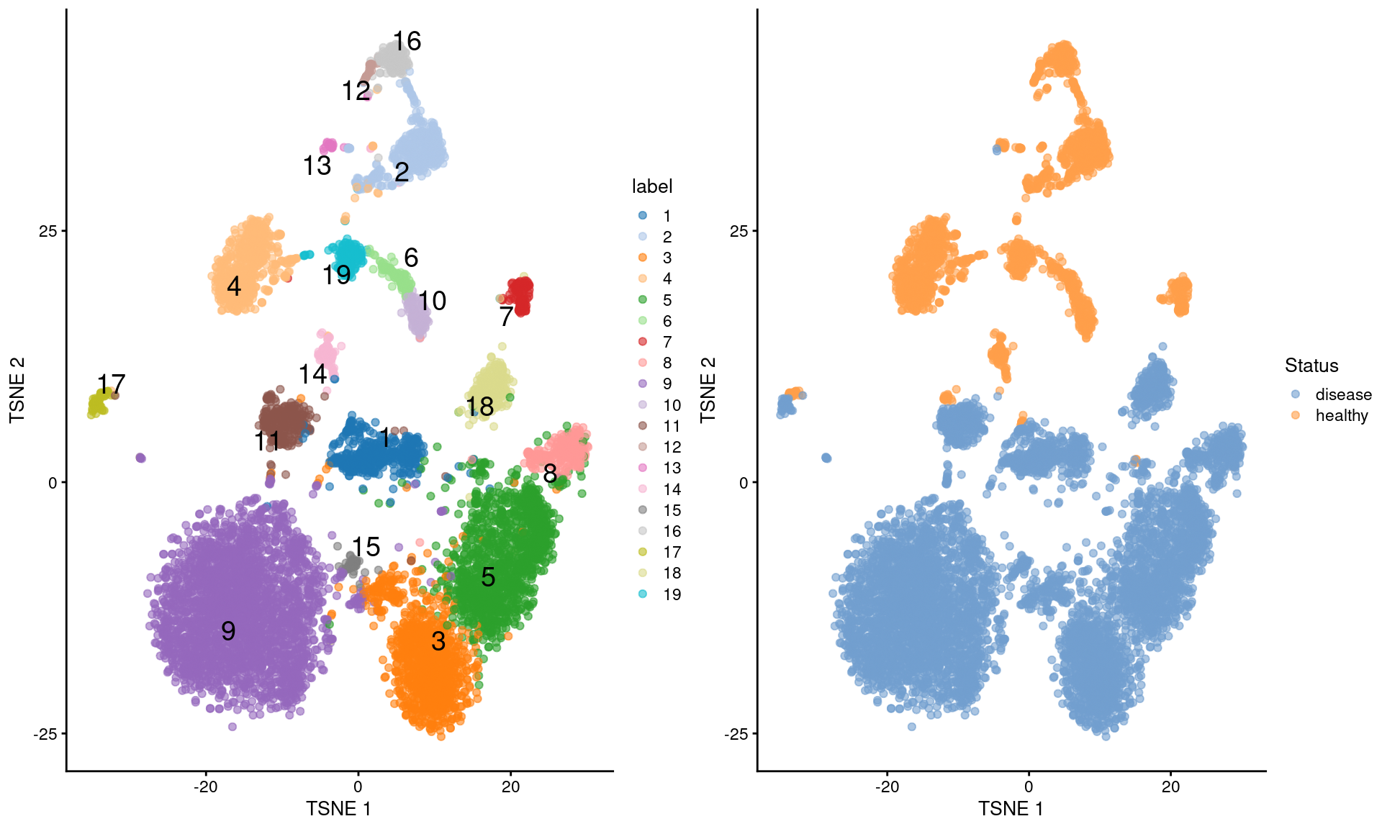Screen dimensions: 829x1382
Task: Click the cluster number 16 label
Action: (407, 42)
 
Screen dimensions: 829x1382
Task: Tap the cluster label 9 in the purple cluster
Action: (228, 631)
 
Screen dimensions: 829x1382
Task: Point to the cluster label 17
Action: (112, 384)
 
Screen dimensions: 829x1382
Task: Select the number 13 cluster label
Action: (317, 166)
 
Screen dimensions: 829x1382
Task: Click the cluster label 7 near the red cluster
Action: (506, 317)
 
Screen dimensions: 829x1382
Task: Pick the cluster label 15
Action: (366, 548)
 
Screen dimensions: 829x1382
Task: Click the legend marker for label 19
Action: (643, 594)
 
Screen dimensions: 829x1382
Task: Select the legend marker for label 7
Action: (643, 342)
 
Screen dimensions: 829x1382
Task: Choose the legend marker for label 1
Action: (643, 216)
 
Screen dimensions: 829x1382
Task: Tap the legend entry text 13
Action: (672, 468)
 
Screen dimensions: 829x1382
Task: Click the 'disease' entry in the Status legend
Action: (1343, 394)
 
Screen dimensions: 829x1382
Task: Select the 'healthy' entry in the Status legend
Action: (1341, 415)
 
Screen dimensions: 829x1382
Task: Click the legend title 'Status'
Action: (1311, 366)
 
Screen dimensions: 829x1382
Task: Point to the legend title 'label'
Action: (651, 186)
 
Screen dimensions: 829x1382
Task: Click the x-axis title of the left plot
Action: (338, 809)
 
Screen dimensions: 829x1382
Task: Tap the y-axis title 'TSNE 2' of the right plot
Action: (708, 389)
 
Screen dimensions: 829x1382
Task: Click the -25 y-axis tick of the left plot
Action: (45, 734)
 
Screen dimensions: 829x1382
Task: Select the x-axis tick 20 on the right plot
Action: (1170, 787)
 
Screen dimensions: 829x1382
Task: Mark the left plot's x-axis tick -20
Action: (205, 787)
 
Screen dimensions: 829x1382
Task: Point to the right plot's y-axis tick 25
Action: (739, 231)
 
